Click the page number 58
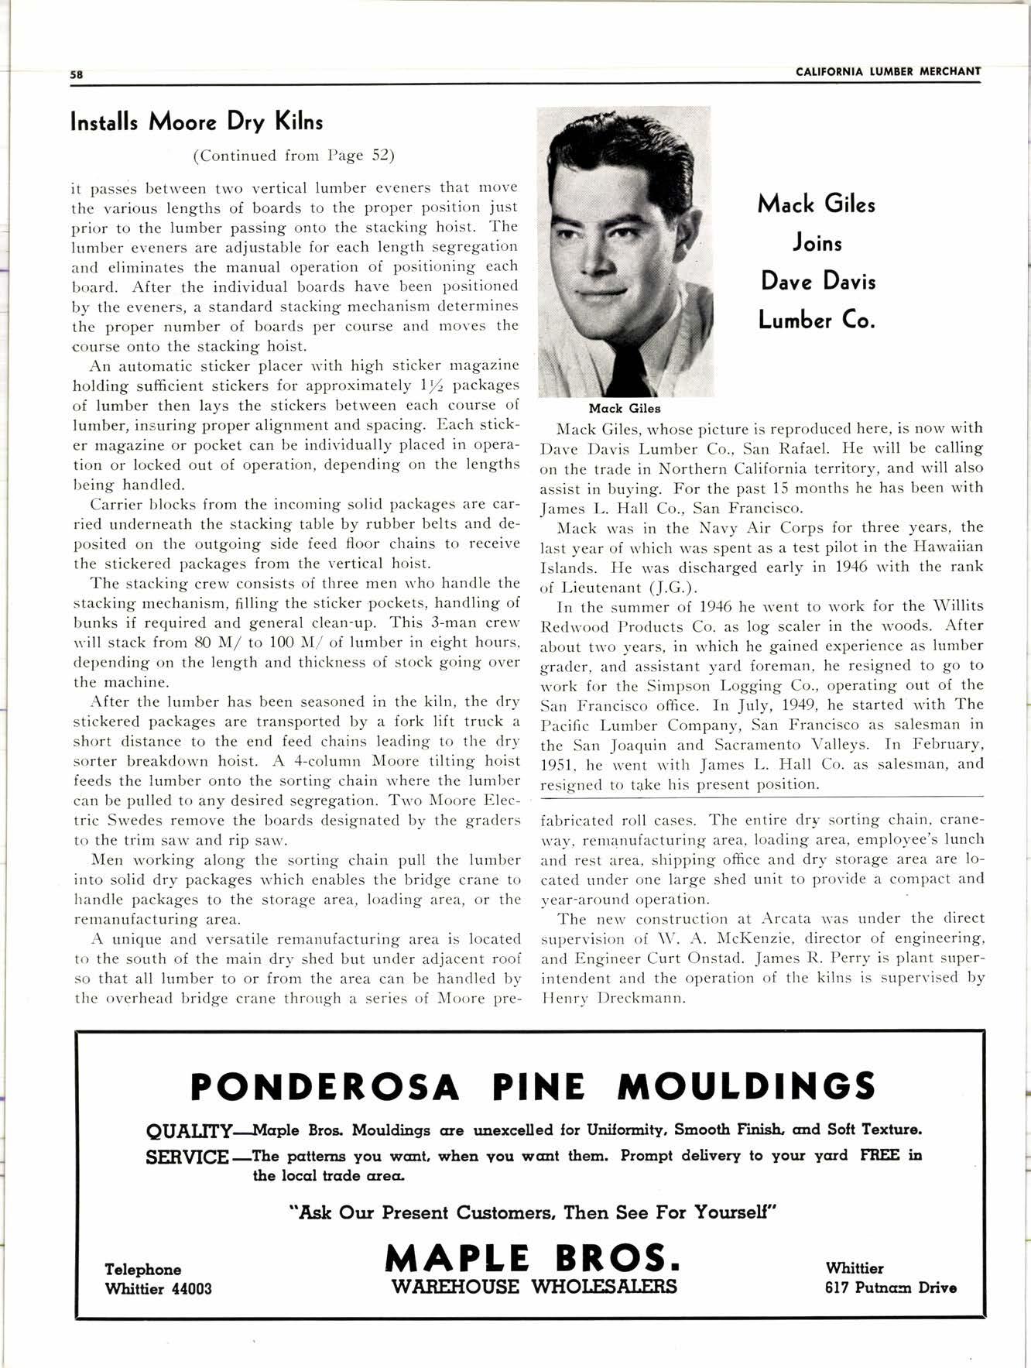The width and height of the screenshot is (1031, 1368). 76,75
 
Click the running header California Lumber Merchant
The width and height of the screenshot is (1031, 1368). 888,72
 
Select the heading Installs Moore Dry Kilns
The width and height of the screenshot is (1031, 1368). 197,122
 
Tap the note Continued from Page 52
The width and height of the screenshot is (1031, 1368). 293,156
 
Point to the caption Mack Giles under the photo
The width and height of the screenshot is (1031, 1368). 625,408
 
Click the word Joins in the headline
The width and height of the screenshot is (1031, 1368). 817,243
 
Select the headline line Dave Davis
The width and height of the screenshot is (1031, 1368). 817,281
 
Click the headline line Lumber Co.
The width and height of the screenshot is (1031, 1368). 817,320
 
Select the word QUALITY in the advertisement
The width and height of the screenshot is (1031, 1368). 188,1131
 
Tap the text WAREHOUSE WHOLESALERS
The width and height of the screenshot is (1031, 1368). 534,1287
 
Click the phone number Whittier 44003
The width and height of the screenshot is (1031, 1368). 158,1288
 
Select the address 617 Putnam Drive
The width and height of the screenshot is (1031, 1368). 891,1287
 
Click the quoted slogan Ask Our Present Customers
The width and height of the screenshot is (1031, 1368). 533,1212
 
